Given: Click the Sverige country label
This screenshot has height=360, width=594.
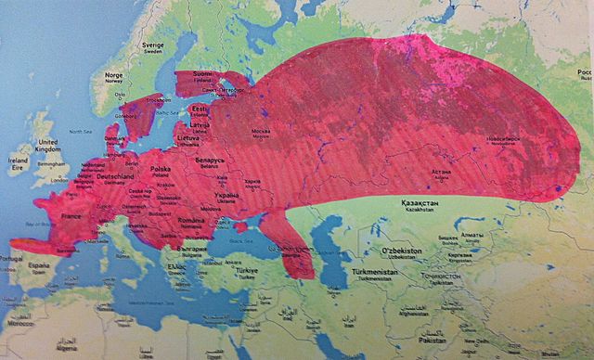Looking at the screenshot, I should pyautogui.click(x=151, y=45).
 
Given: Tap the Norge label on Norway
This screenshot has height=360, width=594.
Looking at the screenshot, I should pyautogui.click(x=114, y=75).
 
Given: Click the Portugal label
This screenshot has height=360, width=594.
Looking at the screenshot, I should pyautogui.click(x=12, y=257).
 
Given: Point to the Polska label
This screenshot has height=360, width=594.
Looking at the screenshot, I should pyautogui.click(x=161, y=170).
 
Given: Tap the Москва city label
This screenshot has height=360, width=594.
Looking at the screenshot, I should pyautogui.click(x=262, y=131).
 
